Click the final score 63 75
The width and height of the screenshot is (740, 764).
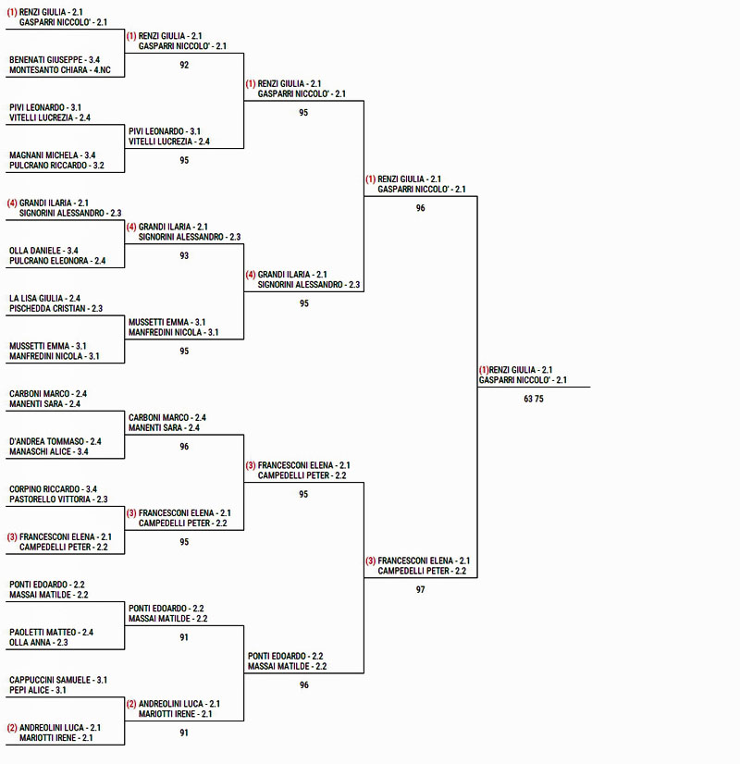point(534,399)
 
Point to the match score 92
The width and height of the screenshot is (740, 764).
point(184,65)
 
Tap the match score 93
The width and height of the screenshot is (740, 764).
point(184,255)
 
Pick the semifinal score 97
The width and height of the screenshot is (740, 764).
point(421,589)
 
